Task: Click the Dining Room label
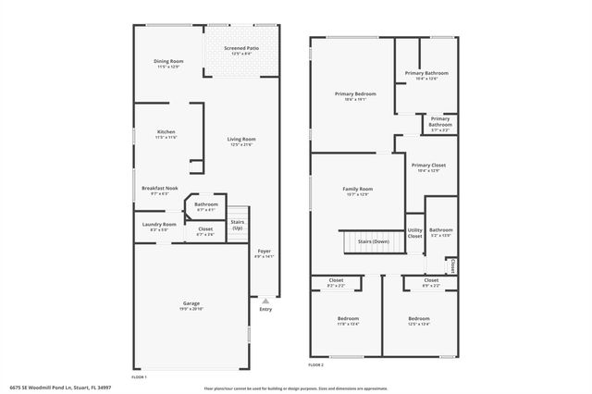click(x=168, y=61)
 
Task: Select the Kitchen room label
click(x=166, y=132)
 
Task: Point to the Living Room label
click(x=241, y=139)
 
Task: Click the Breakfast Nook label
click(x=159, y=189)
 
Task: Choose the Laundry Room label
click(x=159, y=224)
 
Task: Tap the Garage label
click(x=191, y=303)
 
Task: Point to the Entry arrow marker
click(x=265, y=300)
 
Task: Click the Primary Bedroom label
click(x=355, y=93)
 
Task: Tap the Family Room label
click(x=358, y=189)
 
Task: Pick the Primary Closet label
click(x=428, y=165)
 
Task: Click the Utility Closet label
click(x=414, y=233)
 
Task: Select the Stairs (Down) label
click(x=373, y=241)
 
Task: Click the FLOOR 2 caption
click(x=316, y=365)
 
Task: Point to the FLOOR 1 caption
click(x=139, y=377)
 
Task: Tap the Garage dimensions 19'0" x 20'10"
click(x=191, y=309)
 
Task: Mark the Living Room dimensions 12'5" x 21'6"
click(x=241, y=144)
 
